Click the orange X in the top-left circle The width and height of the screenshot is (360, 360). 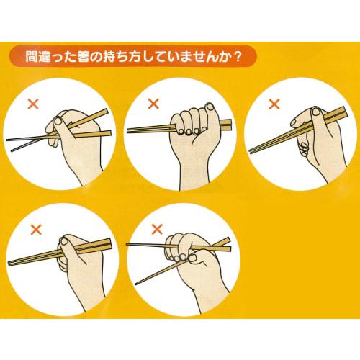(x=32, y=104)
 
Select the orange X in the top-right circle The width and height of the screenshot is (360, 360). (x=274, y=104)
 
